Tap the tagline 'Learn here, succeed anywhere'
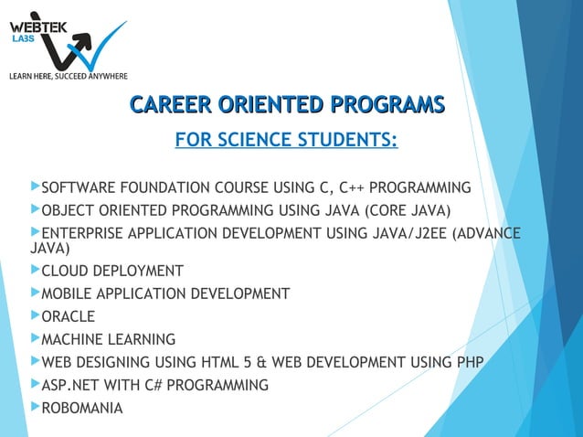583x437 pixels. coord(68,75)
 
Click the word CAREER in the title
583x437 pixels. coord(171,105)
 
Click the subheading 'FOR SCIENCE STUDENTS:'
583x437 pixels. coord(286,141)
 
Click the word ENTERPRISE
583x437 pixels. coord(85,234)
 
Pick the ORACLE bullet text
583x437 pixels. coord(69,317)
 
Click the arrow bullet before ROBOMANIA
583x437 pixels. coord(36,407)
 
